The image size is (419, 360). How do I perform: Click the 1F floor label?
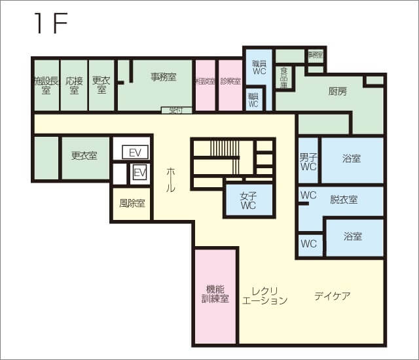50,24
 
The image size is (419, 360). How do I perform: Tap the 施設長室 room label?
46,85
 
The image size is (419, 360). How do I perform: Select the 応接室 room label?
73,85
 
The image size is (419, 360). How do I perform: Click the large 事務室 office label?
163,77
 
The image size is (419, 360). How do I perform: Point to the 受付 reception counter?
176,110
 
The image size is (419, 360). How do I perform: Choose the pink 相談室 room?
206,82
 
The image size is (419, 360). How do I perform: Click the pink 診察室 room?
230,82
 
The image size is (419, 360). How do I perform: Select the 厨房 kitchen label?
337,92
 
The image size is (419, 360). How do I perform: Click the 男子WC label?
308,162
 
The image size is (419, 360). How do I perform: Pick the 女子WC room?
248,200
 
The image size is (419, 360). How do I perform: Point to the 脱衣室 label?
344,200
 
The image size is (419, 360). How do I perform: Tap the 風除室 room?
132,204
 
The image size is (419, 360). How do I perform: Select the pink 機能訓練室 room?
215,294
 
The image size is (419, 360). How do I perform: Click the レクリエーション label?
264,296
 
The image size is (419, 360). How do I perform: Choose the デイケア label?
331,296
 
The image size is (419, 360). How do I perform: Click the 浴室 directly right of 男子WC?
352,159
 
